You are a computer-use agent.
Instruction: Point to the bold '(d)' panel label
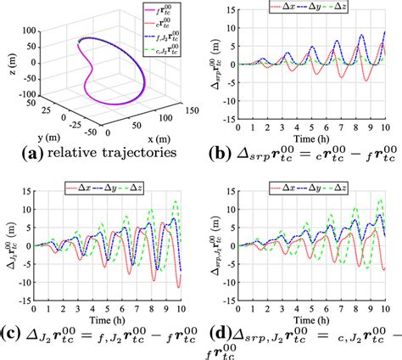click(x=218, y=334)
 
